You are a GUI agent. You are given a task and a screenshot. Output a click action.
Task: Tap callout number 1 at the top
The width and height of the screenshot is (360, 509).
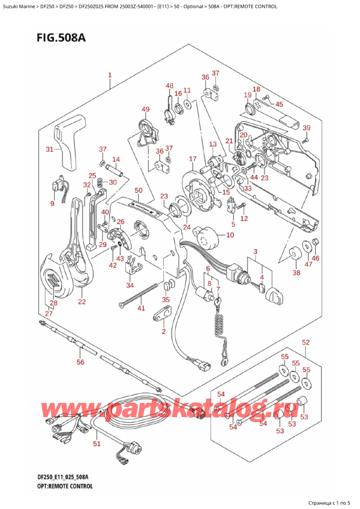click(x=110, y=76)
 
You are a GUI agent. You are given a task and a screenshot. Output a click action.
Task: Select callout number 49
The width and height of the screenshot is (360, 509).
click(x=145, y=109)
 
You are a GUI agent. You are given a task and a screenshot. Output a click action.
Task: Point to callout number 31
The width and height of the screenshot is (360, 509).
click(x=50, y=149)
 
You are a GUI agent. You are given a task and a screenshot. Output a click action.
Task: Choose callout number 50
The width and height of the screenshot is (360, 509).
click(x=138, y=190)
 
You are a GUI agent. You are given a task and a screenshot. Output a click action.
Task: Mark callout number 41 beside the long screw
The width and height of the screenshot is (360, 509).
click(x=142, y=309)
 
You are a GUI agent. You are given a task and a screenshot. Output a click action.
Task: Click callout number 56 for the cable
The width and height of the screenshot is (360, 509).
click(x=80, y=362)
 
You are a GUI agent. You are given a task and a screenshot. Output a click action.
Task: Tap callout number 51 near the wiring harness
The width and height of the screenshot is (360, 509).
click(x=97, y=444)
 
